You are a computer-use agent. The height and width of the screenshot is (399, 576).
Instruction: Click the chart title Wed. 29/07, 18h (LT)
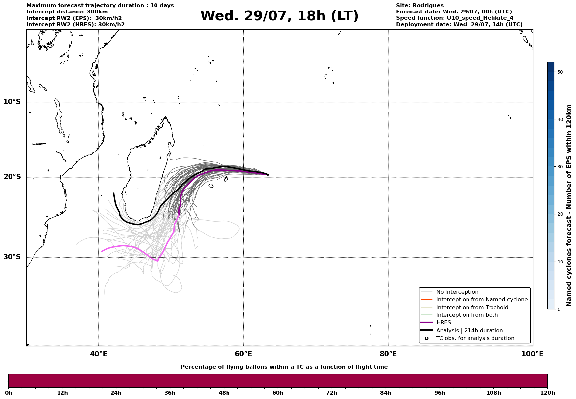tap(279, 16)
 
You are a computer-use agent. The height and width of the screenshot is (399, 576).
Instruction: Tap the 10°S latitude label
tap(12, 102)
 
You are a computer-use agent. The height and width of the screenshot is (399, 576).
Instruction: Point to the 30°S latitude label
tap(12, 257)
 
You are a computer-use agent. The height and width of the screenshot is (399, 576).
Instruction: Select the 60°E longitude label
tap(243, 354)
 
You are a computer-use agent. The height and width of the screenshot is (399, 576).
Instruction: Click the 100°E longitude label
tap(532, 354)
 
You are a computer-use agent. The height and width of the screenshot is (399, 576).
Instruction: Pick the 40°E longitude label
tap(99, 354)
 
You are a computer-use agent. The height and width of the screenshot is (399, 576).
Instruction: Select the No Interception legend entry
tap(450, 292)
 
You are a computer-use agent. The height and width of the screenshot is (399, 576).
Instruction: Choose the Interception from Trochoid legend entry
tap(465, 308)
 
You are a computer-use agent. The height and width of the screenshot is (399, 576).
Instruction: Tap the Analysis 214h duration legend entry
tap(462, 331)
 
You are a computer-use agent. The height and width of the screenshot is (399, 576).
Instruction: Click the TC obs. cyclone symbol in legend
tap(427, 338)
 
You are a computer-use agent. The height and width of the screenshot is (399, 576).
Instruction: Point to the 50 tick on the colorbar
tap(560, 72)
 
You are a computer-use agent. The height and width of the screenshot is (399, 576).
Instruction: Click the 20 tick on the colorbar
tap(560, 214)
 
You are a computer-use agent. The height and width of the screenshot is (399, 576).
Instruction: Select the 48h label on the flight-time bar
tap(224, 393)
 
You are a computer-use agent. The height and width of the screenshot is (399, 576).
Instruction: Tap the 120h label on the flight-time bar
tap(547, 393)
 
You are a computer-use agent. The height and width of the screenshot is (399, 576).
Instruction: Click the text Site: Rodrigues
tap(420, 6)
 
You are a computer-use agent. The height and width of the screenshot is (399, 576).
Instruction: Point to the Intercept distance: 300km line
tap(67, 12)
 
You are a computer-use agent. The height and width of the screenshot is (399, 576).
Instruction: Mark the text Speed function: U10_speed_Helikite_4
tap(455, 18)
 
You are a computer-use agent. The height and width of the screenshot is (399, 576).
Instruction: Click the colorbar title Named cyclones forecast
tap(569, 205)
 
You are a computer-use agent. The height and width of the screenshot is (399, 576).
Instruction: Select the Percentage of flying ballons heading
tap(284, 367)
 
